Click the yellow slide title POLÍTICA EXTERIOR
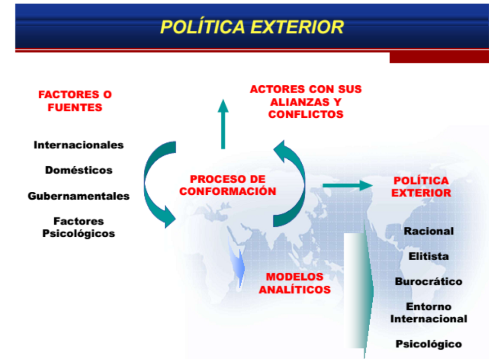tap(252, 27)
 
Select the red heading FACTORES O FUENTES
tap(75, 101)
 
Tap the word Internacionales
tap(78, 145)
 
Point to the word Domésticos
tap(79, 170)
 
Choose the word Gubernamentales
tap(79, 196)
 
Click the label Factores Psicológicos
tap(78, 227)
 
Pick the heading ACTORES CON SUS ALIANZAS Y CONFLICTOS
tap(306, 102)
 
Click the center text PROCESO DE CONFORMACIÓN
tap(228, 185)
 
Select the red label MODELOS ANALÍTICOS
tap(295, 283)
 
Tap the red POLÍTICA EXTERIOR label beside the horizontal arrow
tap(421, 187)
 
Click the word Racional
tap(429, 231)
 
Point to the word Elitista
tap(429, 256)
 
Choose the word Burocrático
tap(429, 281)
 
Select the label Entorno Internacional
tap(429, 313)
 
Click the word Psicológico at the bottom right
tap(429, 344)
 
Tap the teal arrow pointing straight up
tap(223, 124)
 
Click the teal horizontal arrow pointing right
tap(348, 186)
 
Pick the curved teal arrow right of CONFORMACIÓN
tap(289, 184)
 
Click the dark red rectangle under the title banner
tap(439, 58)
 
